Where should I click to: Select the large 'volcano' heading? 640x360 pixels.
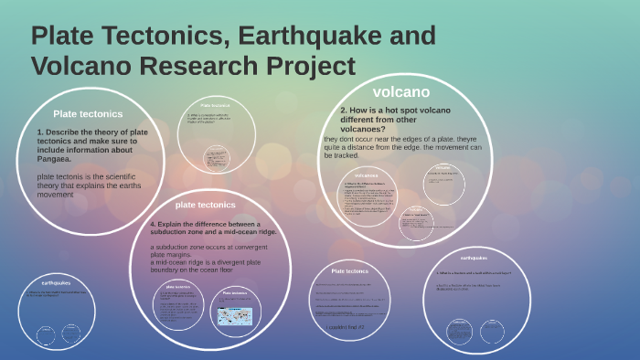(400, 91)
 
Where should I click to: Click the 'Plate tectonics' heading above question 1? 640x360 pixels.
(88, 114)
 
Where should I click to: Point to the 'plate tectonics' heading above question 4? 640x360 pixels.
(205, 205)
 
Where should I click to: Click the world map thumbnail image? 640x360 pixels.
(234, 313)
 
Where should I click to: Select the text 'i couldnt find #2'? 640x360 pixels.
(345, 326)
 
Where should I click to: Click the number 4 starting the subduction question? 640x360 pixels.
(153, 224)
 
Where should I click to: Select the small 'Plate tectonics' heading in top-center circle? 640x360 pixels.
(208, 106)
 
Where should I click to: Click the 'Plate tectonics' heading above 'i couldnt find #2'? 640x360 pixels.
(349, 271)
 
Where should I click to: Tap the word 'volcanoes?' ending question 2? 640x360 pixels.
(364, 129)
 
